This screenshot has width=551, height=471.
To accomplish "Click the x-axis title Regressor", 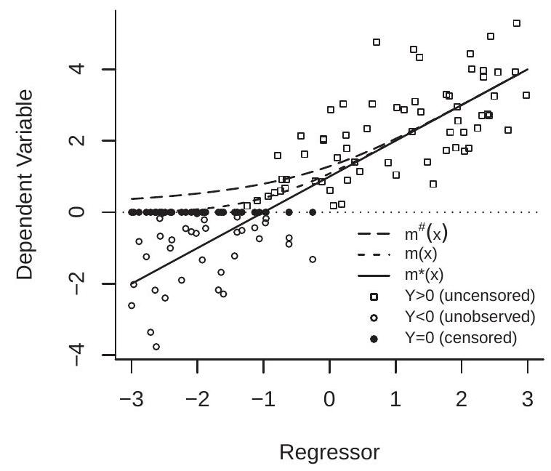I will pos(329,454).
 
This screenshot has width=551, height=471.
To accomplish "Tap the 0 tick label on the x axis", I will pos(329,400).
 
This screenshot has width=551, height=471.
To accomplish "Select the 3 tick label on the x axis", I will pos(527,400).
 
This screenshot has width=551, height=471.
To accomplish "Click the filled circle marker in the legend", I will pos(373,339).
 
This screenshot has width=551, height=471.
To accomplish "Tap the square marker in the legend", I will pos(373,297).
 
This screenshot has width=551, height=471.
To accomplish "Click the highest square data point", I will pos(517,23).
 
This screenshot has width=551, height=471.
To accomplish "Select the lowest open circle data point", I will pos(156,347).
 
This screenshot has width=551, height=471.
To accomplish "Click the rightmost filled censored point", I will pos(313,212).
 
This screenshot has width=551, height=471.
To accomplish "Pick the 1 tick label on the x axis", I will pos(395,400).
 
